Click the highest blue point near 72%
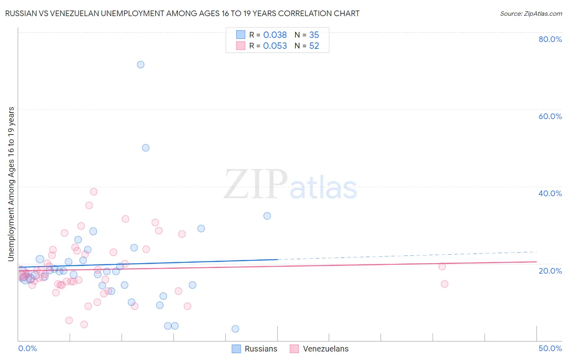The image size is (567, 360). point(140,65)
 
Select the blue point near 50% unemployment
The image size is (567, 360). point(146,148)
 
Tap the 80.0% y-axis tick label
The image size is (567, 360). point(550,39)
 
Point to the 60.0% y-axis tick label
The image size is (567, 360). point(550,116)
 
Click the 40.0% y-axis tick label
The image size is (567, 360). point(550,193)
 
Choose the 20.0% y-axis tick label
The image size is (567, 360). point(550,271)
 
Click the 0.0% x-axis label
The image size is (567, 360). point(27,348)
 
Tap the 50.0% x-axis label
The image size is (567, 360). point(550,348)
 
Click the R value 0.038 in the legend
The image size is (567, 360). point(275,35)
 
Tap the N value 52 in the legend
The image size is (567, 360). point(314,46)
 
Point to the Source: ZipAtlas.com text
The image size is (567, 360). point(531,13)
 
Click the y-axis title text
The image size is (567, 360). point(11,184)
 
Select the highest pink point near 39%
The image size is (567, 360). point(94,192)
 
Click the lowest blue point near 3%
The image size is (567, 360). point(236,329)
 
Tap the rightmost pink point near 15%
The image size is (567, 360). point(444,284)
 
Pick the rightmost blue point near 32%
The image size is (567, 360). point(267,216)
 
